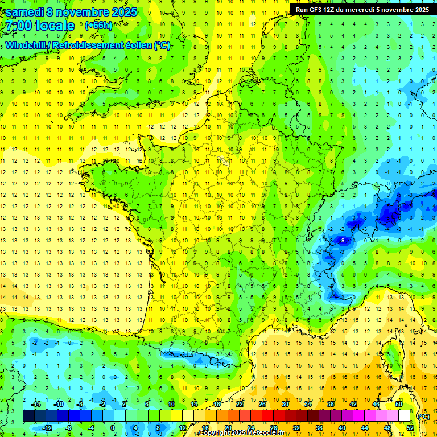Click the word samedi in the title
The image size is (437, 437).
point(23,12)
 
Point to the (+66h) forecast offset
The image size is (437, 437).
point(98,26)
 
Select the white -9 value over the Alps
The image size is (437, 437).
point(341,241)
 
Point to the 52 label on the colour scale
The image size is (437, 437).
point(410,428)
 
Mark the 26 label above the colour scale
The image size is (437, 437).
point(262,404)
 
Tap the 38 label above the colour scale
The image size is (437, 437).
point(331,404)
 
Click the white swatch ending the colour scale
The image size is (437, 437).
point(405,416)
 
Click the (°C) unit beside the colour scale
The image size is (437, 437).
point(423,417)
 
